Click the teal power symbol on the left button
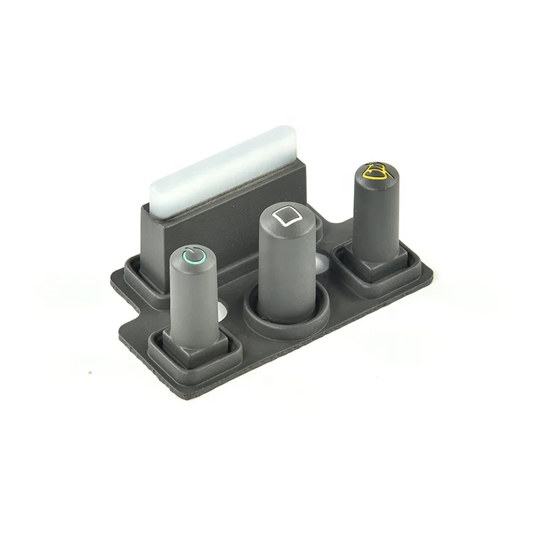(x=194, y=254)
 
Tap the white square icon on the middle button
(x=287, y=215)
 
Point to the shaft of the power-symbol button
(x=195, y=298)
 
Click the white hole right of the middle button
(x=322, y=264)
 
